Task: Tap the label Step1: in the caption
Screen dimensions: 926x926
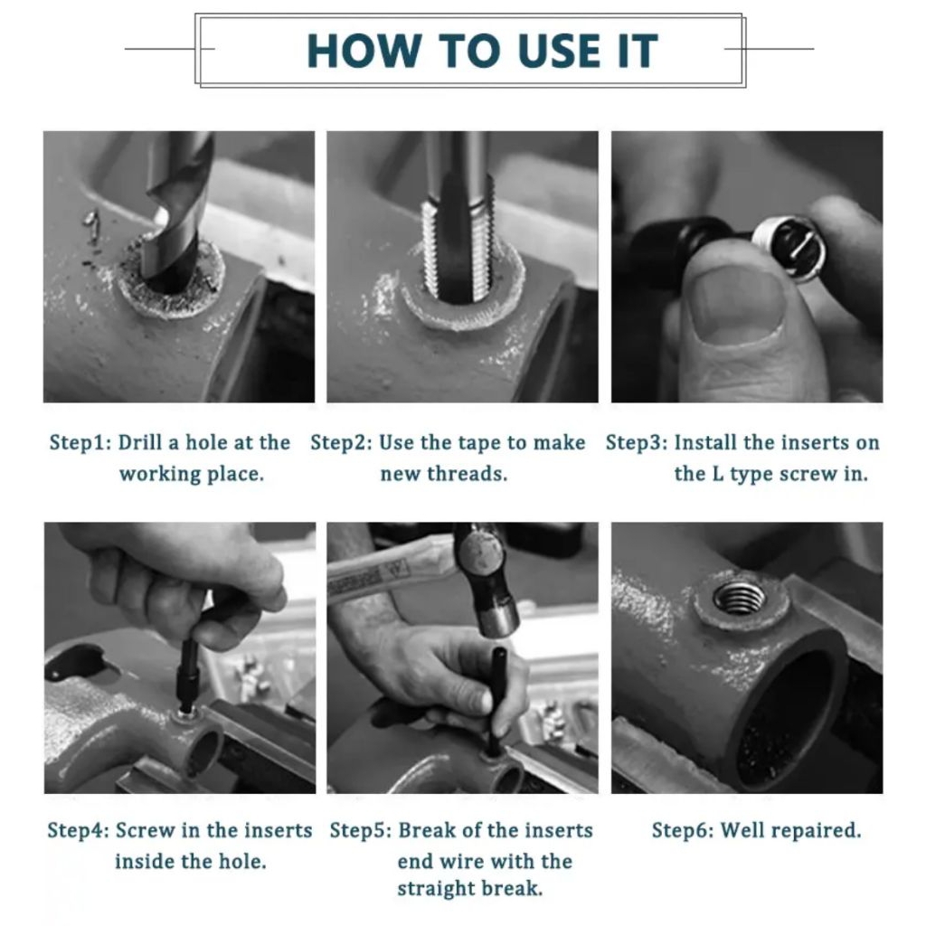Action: (x=80, y=442)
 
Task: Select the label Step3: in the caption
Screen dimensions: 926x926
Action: (x=637, y=442)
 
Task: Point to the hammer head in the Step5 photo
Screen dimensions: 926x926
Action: (x=487, y=586)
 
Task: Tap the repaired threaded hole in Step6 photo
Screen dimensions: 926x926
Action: (x=740, y=600)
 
